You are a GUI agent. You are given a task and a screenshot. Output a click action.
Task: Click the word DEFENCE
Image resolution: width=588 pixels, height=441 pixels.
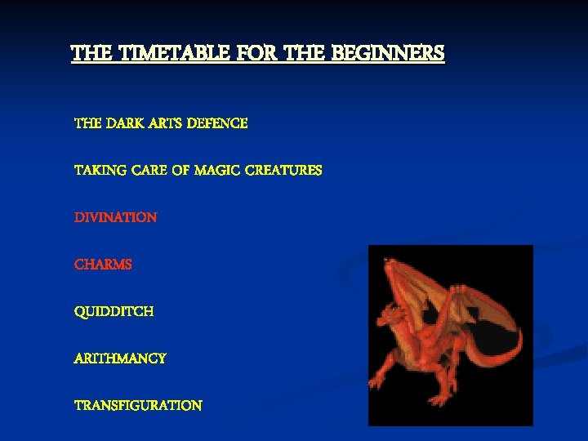click(217, 123)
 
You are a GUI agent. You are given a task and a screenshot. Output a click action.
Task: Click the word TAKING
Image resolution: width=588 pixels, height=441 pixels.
click(96, 171)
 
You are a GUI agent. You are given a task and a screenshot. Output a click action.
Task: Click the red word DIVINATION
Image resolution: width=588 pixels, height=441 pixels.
click(115, 218)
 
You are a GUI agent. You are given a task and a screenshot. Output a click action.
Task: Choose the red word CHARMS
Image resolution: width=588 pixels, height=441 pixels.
click(103, 265)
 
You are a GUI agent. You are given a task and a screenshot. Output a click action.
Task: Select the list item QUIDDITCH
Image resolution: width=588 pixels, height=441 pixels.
click(114, 312)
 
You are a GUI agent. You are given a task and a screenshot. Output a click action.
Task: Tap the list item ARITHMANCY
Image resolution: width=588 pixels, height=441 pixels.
click(120, 359)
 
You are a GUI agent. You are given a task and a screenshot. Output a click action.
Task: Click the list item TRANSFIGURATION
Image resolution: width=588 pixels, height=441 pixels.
click(138, 406)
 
